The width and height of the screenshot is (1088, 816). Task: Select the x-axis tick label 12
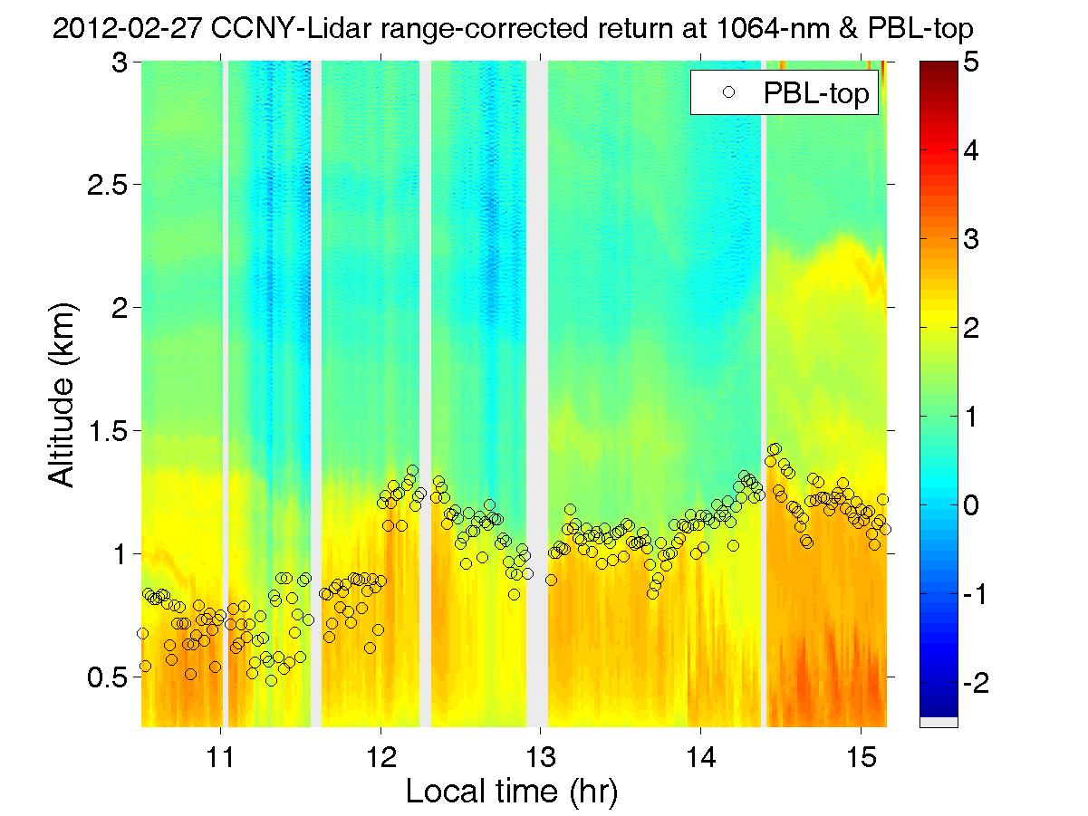(380, 754)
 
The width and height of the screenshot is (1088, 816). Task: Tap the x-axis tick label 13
(541, 754)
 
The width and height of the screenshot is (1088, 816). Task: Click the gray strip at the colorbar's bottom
(938, 722)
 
